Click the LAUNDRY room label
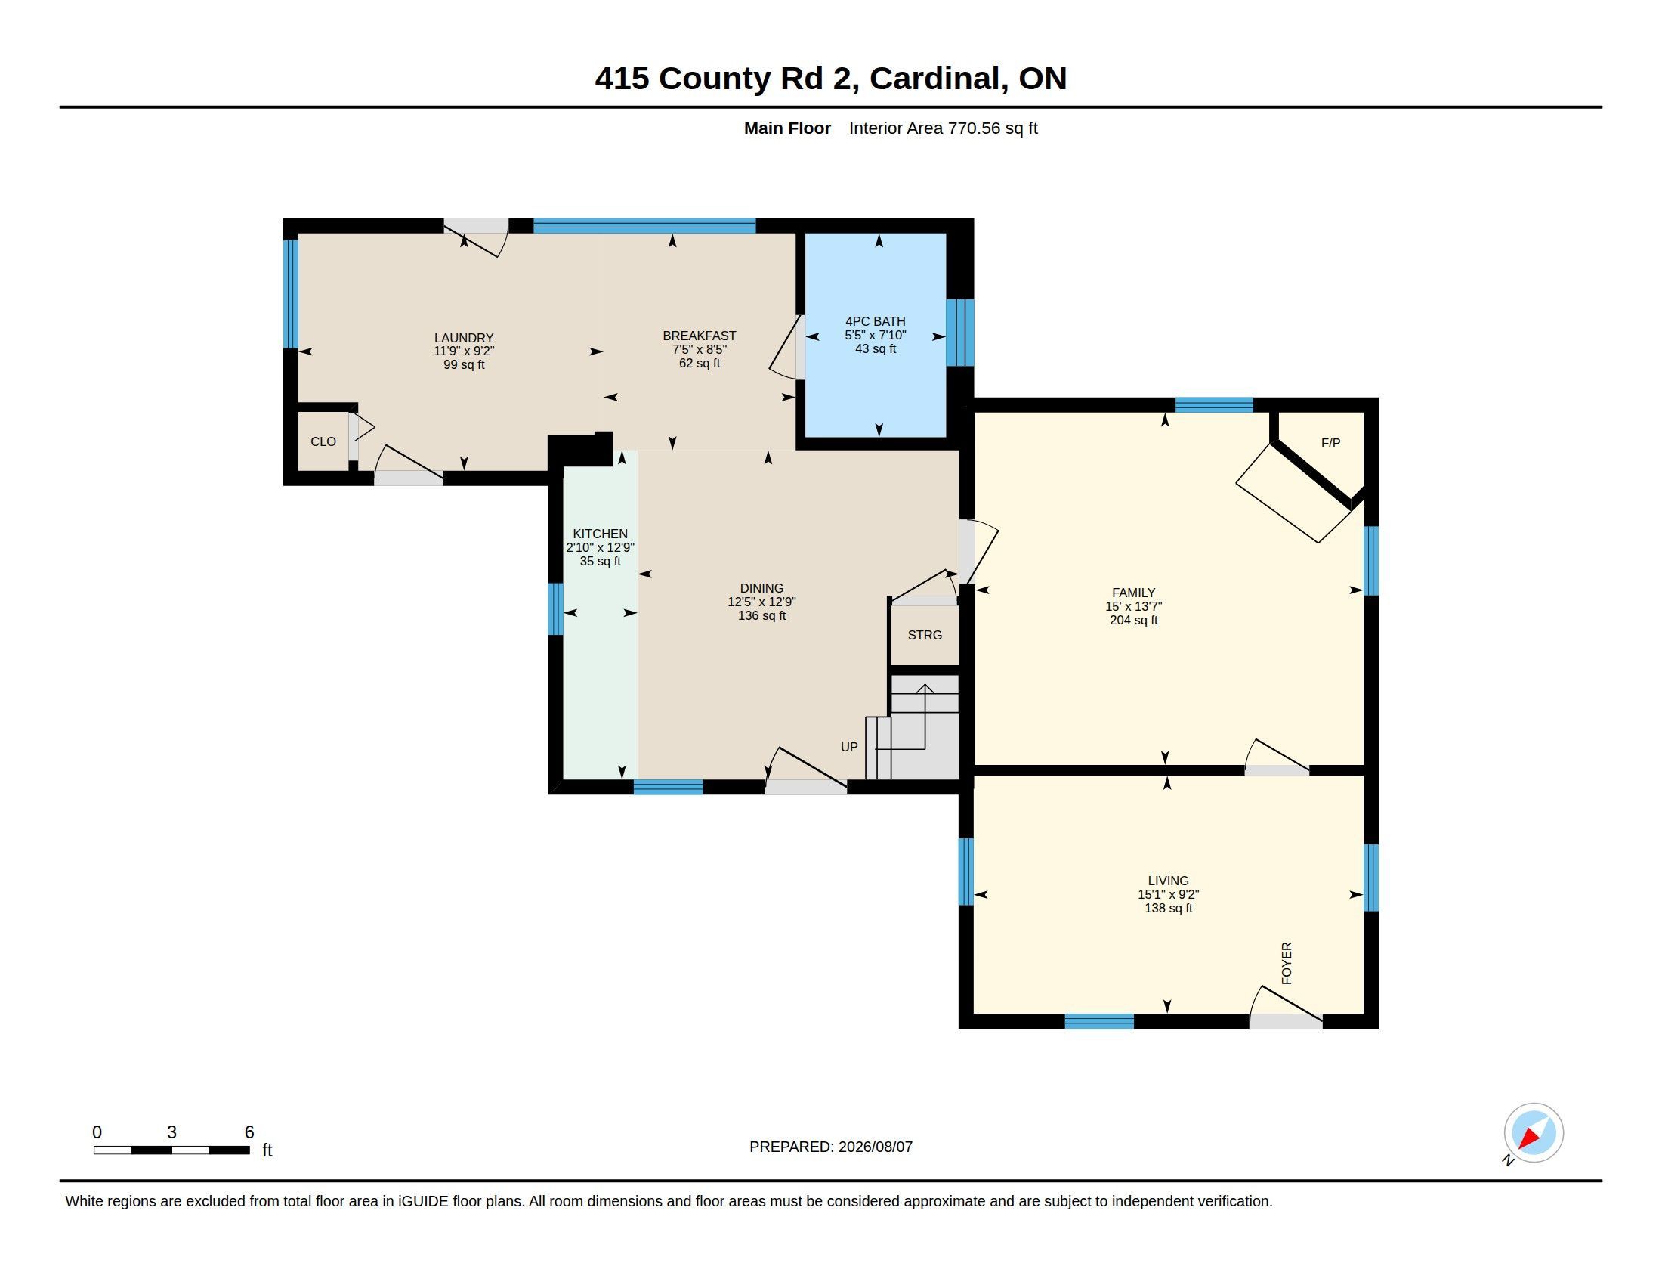463,338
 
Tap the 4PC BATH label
875,321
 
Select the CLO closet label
323,441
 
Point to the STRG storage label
925,635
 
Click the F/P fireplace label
1330,443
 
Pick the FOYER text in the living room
1287,963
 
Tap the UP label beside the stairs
849,747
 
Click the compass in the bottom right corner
1534,1133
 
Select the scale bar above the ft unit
172,1150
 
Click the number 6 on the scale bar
249,1132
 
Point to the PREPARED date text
831,1147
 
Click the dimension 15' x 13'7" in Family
1134,607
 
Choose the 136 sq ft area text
761,615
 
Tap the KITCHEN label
601,534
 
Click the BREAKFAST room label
700,336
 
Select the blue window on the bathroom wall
959,333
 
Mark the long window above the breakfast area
644,225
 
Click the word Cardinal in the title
935,79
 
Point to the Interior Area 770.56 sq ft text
944,128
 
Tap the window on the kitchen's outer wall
555,609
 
